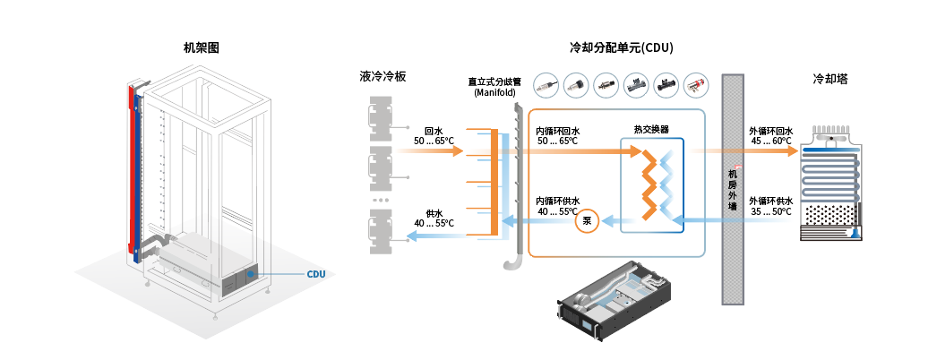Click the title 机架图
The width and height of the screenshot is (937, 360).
(x=202, y=47)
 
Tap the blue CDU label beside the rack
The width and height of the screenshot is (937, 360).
(x=316, y=274)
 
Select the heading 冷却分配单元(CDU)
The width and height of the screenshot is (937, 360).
(x=622, y=47)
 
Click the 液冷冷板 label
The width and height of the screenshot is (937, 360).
(x=383, y=77)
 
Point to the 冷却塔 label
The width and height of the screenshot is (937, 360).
(x=830, y=79)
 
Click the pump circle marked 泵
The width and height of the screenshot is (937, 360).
(x=588, y=219)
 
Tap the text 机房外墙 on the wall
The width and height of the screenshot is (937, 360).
(x=733, y=190)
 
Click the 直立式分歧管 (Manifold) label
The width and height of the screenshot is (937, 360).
(x=491, y=87)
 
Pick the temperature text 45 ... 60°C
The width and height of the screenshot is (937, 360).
(x=770, y=141)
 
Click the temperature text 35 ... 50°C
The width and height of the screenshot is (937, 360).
(x=770, y=211)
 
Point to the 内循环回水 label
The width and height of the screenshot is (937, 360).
(x=558, y=131)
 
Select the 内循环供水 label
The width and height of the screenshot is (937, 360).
(x=558, y=201)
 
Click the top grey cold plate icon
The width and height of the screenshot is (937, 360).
(x=383, y=115)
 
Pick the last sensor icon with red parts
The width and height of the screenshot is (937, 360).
(x=696, y=85)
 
